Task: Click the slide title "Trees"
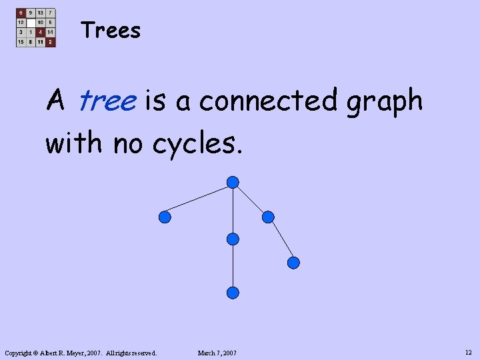[x=111, y=31]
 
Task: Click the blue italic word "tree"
[x=107, y=101]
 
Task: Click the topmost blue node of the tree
[x=233, y=182]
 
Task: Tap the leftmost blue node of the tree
[x=165, y=217]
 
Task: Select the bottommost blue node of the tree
[x=233, y=292]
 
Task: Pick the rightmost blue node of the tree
[x=293, y=263]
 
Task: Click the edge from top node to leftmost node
[x=199, y=199]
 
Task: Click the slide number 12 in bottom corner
[x=468, y=352]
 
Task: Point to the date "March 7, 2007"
[x=217, y=353]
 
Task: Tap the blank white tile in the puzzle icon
[x=31, y=22]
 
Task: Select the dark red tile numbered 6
[x=21, y=13]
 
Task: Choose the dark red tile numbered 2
[x=51, y=41]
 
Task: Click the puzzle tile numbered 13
[x=41, y=13]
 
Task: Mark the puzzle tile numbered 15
[x=21, y=41]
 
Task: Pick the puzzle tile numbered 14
[x=51, y=31]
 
